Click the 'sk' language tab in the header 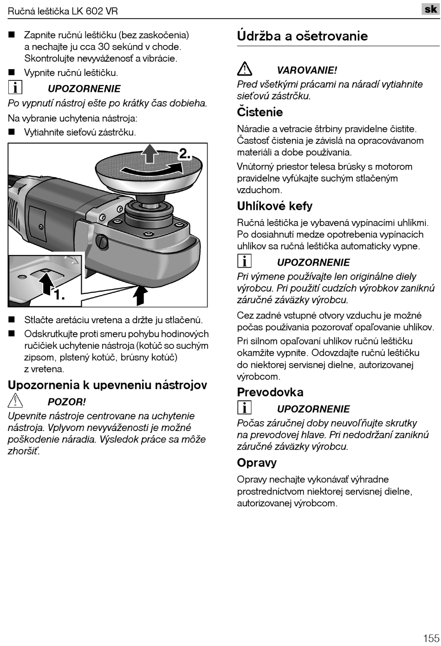click(x=430, y=9)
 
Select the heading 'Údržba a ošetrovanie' click(x=302, y=36)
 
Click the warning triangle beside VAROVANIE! click(x=245, y=69)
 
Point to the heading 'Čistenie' click(x=259, y=112)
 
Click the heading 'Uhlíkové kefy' click(x=274, y=206)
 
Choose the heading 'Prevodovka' click(x=270, y=392)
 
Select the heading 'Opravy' click(x=256, y=463)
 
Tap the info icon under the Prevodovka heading click(x=244, y=407)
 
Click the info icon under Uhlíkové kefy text click(x=244, y=261)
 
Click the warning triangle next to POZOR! click(x=15, y=400)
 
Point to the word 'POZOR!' click(x=66, y=402)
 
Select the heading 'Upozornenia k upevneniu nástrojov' click(x=107, y=385)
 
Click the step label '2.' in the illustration click(x=185, y=154)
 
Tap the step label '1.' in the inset click(x=58, y=294)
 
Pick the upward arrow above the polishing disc click(x=149, y=153)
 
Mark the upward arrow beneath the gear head click(x=140, y=295)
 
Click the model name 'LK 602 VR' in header click(x=95, y=11)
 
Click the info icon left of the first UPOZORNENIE click(x=15, y=87)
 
